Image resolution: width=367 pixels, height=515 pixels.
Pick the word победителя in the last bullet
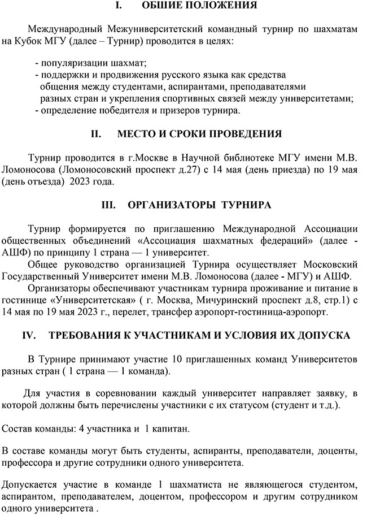click(120, 110)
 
